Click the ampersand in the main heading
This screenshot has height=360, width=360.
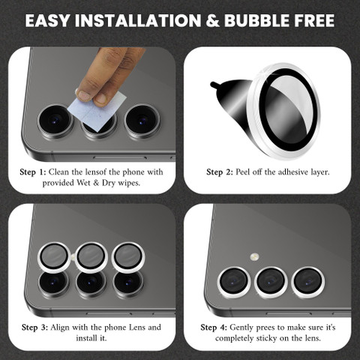click(x=212, y=20)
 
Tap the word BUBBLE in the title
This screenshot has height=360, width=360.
click(x=256, y=20)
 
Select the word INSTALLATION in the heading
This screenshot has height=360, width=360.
click(x=138, y=20)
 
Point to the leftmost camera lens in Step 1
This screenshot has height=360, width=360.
click(x=55, y=121)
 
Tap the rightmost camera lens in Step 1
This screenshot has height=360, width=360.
click(x=142, y=121)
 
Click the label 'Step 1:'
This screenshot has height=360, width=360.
click(x=33, y=172)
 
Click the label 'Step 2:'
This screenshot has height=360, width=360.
click(x=220, y=172)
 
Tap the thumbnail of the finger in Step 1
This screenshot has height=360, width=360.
click(x=84, y=95)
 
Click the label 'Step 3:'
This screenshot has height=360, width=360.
click(x=34, y=327)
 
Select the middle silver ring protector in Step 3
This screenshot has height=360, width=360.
click(x=91, y=256)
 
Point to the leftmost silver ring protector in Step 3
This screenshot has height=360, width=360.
click(x=54, y=257)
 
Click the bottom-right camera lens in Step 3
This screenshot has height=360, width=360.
click(x=127, y=283)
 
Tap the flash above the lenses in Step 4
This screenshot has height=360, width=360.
click(x=254, y=256)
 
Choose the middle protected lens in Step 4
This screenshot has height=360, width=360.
click(x=271, y=282)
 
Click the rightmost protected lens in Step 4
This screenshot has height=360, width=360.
click(x=308, y=282)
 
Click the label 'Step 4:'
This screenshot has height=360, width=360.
click(x=214, y=327)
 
